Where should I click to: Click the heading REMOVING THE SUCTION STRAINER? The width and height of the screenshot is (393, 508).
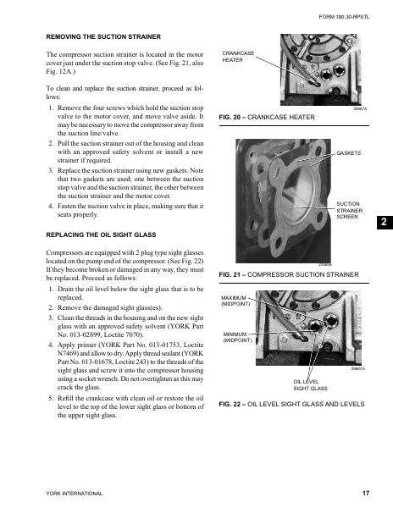tap(101, 36)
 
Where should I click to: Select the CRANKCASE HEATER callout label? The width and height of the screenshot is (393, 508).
tap(238, 57)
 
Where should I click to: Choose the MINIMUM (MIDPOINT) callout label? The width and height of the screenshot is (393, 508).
tap(240, 337)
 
